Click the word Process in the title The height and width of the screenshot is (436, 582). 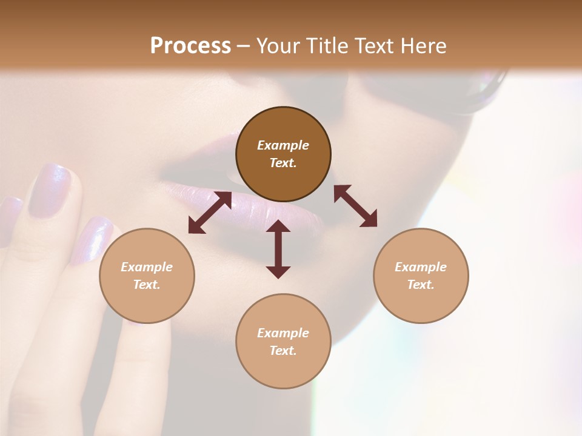(190, 46)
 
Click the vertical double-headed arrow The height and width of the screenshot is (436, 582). (278, 249)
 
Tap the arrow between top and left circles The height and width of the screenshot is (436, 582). (210, 213)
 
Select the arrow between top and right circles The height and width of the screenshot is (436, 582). (355, 206)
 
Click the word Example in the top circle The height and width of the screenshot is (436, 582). (283, 145)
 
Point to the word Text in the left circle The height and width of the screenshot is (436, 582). (147, 285)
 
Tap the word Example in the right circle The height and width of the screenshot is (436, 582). (421, 267)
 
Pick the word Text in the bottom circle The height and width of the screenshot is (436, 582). (283, 351)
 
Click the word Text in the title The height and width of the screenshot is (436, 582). (373, 46)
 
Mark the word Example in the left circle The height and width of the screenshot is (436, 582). (147, 267)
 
